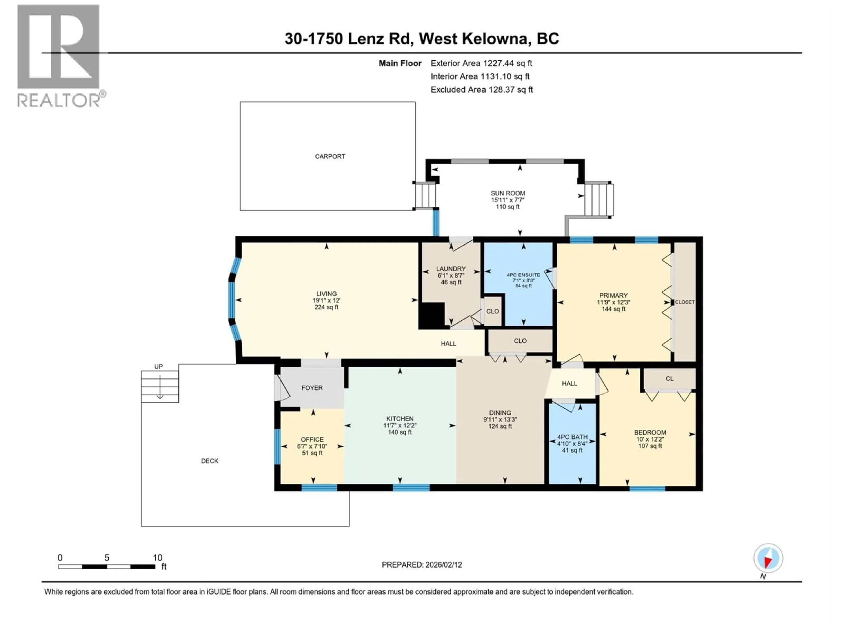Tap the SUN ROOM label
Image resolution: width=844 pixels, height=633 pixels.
coord(508,193)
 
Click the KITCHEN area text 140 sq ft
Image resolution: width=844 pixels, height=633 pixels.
coord(400,432)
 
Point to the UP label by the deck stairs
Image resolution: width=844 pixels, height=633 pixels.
coord(158,367)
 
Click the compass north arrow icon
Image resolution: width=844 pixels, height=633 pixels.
coord(768,558)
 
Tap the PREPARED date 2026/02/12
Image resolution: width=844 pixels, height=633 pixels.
coord(443,565)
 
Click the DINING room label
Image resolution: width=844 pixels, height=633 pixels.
coord(500,413)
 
